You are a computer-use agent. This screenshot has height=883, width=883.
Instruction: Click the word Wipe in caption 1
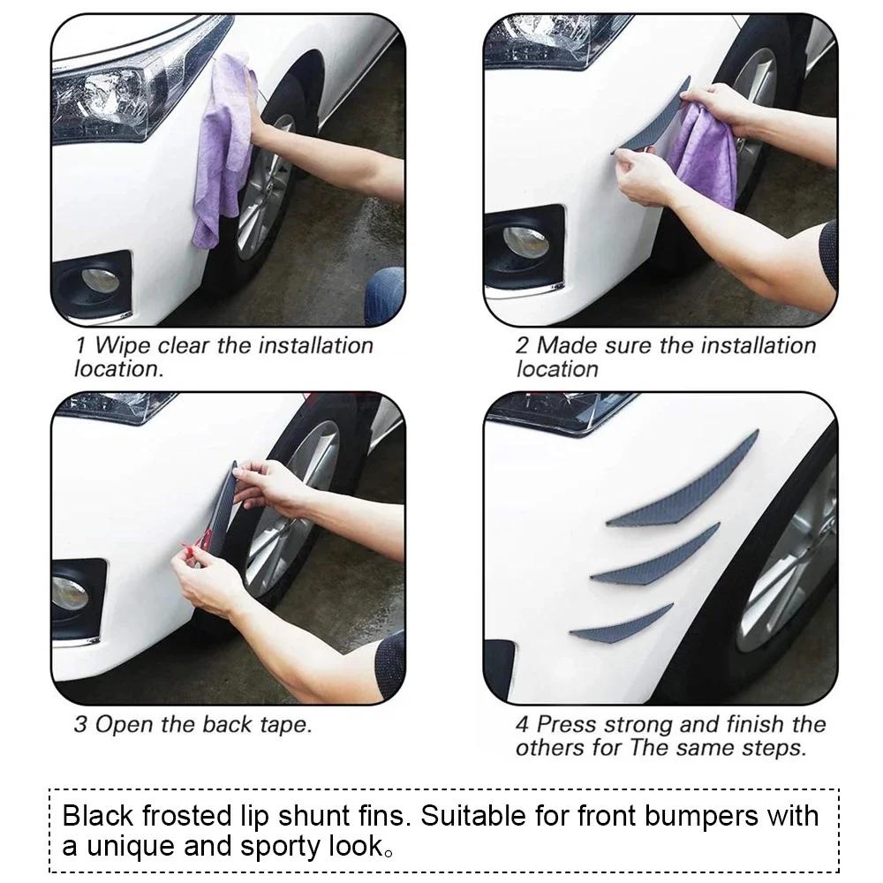(123, 345)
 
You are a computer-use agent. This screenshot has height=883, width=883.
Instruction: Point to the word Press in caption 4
(570, 726)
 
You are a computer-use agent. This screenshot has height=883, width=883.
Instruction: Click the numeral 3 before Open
(80, 726)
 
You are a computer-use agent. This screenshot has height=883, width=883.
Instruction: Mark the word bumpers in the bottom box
(695, 815)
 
